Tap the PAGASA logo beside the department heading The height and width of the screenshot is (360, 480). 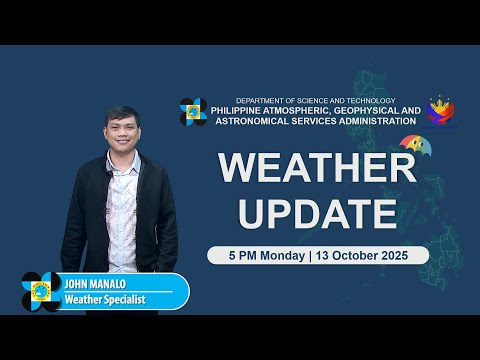pos(194,112)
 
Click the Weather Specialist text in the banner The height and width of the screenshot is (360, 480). pos(104,299)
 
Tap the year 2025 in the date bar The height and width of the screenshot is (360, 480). pos(405,255)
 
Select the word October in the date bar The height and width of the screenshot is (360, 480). pos(362,255)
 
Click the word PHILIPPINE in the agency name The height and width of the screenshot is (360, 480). pos(250,110)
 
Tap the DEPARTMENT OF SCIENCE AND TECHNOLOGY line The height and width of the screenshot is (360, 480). pos(315,100)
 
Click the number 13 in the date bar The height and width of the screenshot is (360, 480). pos(325,255)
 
